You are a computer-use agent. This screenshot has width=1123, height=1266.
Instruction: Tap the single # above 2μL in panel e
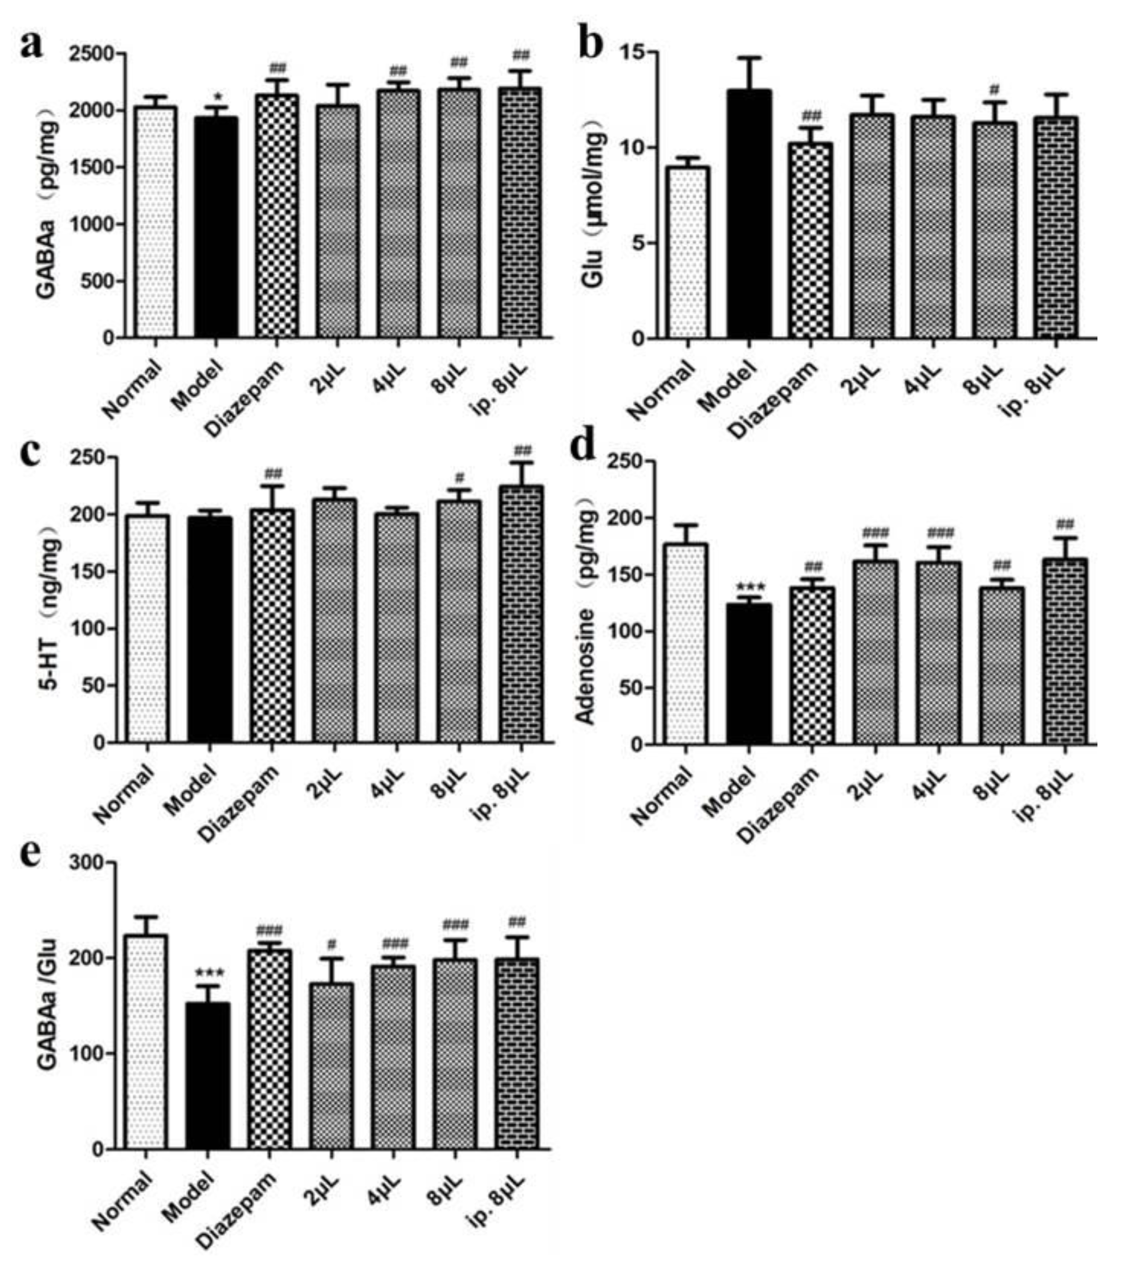[x=332, y=945]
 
